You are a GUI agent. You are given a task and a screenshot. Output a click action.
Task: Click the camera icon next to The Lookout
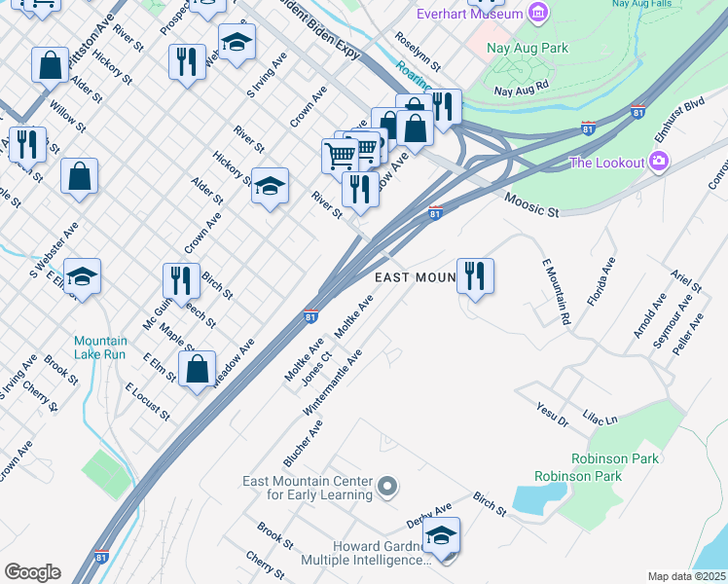(660, 161)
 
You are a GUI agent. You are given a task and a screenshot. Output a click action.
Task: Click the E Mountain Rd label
(555, 291)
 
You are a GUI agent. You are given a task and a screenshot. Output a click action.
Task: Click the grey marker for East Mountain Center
(387, 486)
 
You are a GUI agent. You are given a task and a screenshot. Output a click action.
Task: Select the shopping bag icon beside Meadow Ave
(198, 369)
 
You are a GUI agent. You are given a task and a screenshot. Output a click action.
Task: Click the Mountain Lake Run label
(101, 347)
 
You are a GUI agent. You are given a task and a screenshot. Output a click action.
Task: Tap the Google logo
(32, 572)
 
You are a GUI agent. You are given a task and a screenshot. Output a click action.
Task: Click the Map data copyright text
(686, 576)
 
